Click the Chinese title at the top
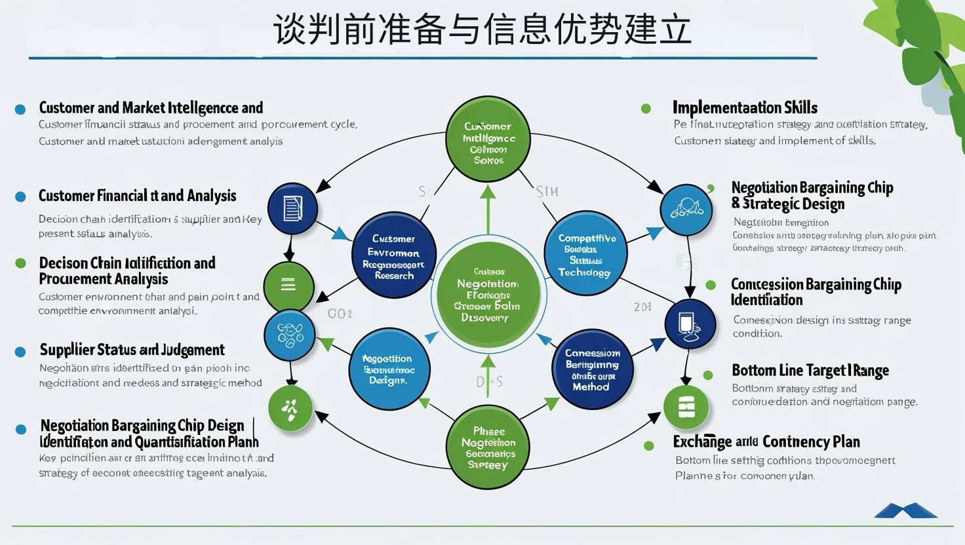(482, 30)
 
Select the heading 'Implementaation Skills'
(745, 107)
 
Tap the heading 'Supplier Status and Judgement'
(132, 350)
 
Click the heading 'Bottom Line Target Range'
(810, 371)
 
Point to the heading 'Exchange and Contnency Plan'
(766, 442)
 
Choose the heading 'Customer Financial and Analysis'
(137, 196)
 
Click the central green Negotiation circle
(488, 295)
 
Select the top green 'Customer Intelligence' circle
(488, 139)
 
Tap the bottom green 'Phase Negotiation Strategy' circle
(488, 448)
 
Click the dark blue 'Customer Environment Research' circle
(394, 256)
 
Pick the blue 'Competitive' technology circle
(585, 254)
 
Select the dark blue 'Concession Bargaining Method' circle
(592, 369)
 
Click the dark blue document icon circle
(292, 209)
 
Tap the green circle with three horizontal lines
(288, 286)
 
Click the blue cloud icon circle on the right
(686, 210)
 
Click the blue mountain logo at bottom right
(905, 510)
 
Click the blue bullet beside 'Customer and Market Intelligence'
(20, 109)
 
